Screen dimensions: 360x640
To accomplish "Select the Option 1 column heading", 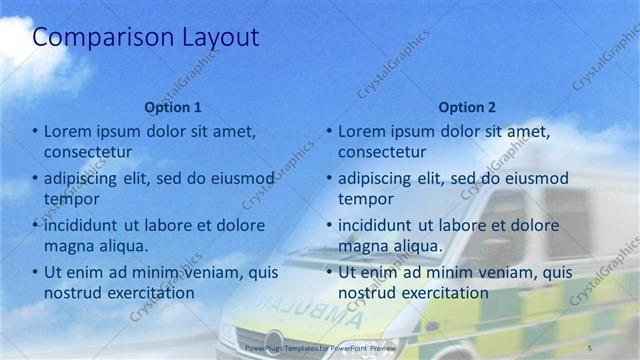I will (x=173, y=107).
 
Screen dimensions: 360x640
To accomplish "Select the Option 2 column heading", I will (x=467, y=107).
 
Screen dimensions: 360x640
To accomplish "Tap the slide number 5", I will (x=591, y=345).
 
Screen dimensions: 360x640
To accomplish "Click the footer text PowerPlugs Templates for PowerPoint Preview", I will (x=320, y=346).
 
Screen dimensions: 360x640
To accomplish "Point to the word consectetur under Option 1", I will (x=88, y=151).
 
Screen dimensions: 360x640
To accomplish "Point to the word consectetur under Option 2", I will (x=382, y=151).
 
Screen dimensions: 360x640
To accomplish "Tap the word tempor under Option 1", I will (x=72, y=198).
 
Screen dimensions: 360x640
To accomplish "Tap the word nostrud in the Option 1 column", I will (x=71, y=292).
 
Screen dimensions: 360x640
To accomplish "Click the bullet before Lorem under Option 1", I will (x=35, y=131).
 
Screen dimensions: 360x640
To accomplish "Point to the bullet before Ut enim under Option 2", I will (x=329, y=272).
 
